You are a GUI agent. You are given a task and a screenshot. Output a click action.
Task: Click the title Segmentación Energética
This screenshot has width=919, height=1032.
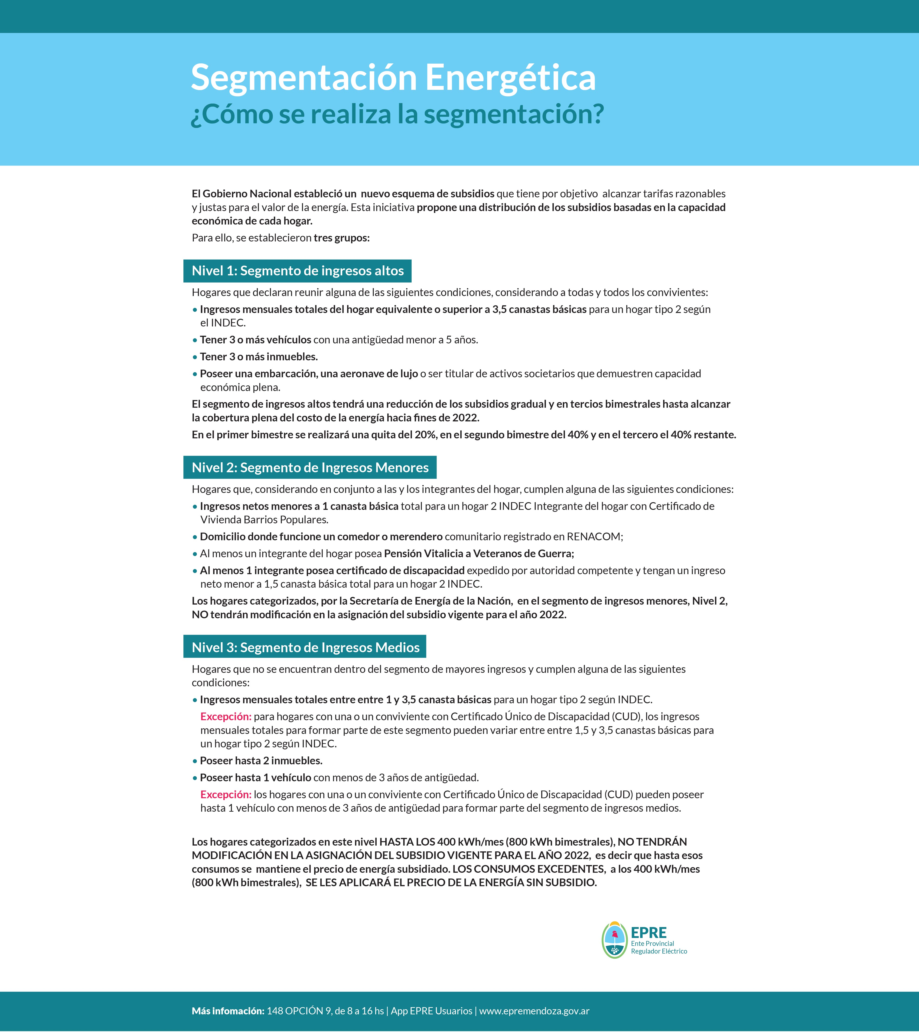[393, 78]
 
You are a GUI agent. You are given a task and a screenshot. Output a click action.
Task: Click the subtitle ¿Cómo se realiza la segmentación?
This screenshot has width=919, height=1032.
[397, 114]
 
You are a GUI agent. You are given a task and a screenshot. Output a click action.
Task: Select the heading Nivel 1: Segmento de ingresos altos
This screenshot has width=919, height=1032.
[297, 271]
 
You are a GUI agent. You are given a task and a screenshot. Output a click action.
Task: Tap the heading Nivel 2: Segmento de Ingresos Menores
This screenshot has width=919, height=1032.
[310, 468]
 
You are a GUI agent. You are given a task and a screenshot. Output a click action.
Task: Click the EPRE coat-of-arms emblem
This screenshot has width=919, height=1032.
[615, 940]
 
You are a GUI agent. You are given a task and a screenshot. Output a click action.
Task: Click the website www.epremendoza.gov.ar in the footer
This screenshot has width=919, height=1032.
[534, 1011]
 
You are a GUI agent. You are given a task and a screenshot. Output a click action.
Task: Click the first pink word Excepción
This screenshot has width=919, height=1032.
[226, 716]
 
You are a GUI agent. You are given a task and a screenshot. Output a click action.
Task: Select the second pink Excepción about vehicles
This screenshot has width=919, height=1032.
[226, 794]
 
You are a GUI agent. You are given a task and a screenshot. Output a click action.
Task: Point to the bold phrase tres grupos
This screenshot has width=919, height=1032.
[341, 238]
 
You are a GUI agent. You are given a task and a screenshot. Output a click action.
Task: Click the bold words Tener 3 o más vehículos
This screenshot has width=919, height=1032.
[255, 340]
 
